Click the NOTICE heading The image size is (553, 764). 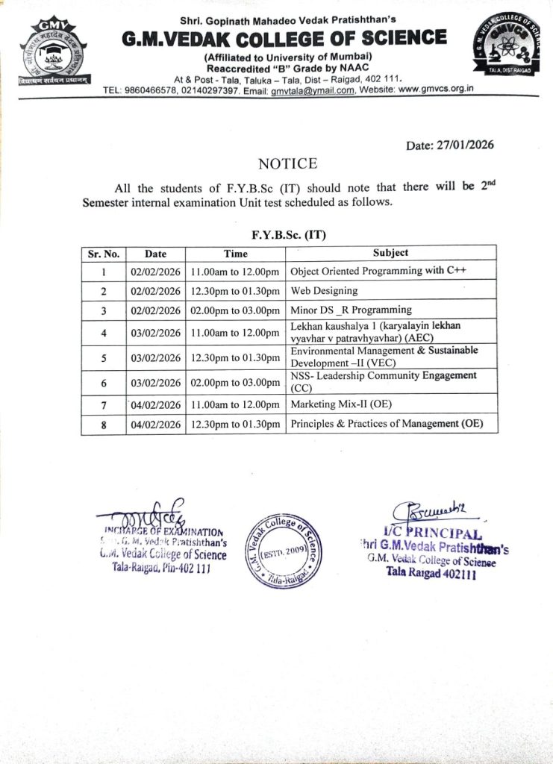(287, 163)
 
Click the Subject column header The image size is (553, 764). (390, 253)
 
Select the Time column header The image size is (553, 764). (235, 254)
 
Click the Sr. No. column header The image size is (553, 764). (103, 254)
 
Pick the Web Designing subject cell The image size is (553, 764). (324, 290)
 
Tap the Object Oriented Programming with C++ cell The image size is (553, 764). (378, 271)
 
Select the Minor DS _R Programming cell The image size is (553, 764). (351, 310)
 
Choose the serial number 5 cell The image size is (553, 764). (103, 357)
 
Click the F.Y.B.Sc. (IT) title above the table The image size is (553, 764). (288, 234)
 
